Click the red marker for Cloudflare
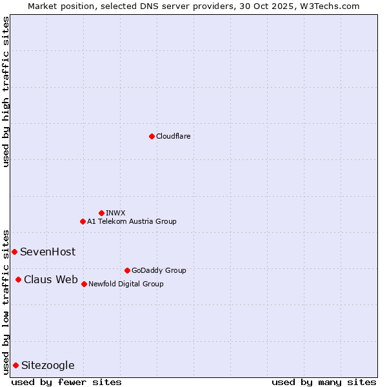point(152,136)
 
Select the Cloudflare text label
point(173,136)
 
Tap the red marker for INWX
point(101,213)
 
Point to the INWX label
point(115,213)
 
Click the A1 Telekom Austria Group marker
point(83,221)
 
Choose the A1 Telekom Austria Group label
point(132,221)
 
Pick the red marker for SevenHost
point(14,252)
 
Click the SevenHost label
point(48,252)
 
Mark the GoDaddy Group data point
point(127,270)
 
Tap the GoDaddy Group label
point(158,270)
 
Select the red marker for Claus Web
point(18,279)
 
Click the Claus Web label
point(51,279)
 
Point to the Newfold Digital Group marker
point(84,284)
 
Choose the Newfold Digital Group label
point(126,284)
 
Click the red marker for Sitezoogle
point(15,365)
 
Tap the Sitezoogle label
point(48,365)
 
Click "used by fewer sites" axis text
point(66,382)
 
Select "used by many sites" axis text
point(324,382)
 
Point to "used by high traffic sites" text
point(6,92)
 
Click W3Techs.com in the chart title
point(328,6)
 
